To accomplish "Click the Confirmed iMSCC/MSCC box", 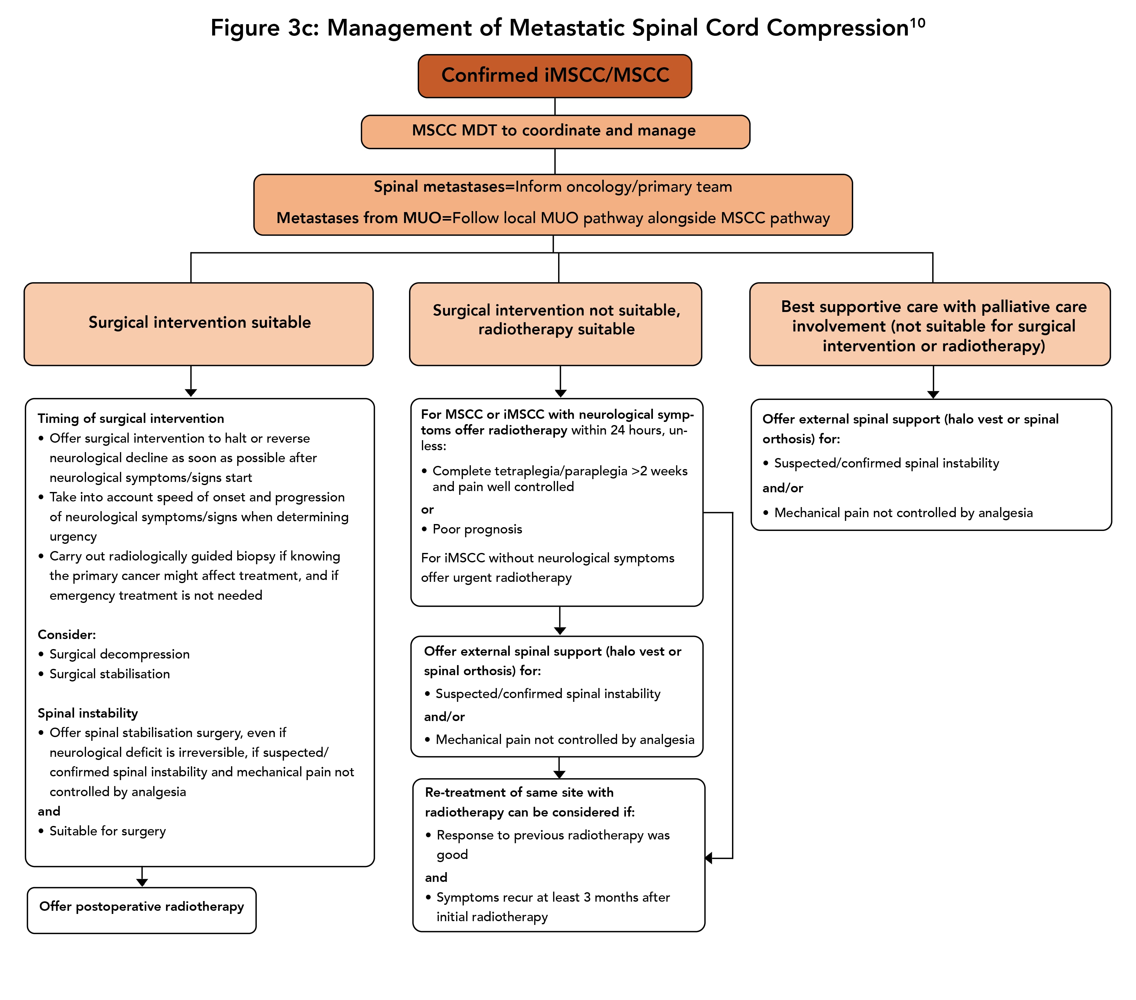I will coord(555,76).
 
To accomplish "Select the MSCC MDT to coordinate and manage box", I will coord(555,131).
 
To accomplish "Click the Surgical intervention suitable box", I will coord(199,323).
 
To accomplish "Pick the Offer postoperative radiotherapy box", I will coord(141,907).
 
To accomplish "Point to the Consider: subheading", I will coord(67,635).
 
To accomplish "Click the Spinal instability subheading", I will coord(88,713).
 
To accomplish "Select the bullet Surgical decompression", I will coord(120,654).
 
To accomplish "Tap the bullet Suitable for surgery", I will coord(107,831).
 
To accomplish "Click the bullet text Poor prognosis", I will coord(477,529).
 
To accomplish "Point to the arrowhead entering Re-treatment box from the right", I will coord(708,858).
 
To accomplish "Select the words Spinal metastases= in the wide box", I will coord(444,187).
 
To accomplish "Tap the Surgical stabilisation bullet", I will coord(110,674).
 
